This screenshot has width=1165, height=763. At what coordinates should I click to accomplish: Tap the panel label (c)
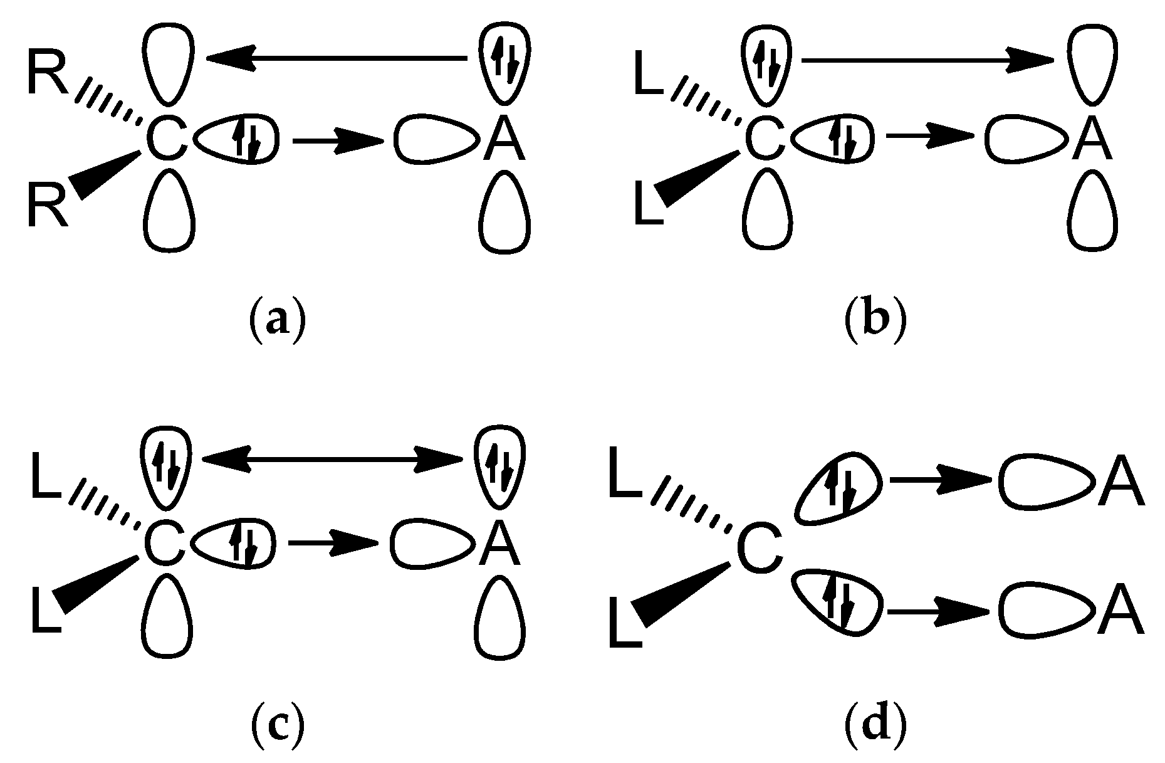click(x=278, y=727)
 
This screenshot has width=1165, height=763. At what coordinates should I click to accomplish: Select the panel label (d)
click(x=875, y=727)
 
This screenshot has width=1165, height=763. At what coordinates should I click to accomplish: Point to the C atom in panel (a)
click(x=167, y=140)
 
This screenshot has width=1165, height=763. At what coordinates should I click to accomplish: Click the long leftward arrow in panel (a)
click(x=338, y=58)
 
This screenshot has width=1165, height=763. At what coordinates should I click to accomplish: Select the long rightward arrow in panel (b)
click(x=927, y=60)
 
